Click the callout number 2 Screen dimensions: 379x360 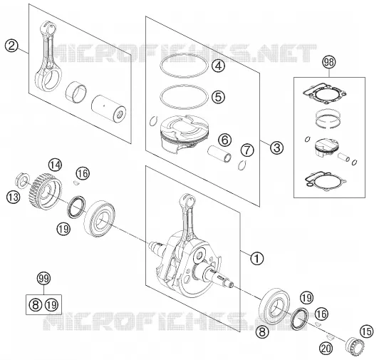point(11,46)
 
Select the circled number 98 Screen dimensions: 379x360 point(329,63)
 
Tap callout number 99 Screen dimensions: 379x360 point(43,279)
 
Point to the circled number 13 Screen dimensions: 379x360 point(13,197)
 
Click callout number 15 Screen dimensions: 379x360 point(367,331)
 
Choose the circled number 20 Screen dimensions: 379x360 point(326,349)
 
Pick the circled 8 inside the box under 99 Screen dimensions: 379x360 point(36,304)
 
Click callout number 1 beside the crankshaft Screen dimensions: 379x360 point(257,258)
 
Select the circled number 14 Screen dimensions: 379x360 point(55,165)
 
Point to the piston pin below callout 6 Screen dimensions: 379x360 point(219,154)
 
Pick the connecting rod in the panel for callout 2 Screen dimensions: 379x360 point(48,57)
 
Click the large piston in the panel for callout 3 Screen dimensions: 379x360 point(185,133)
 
